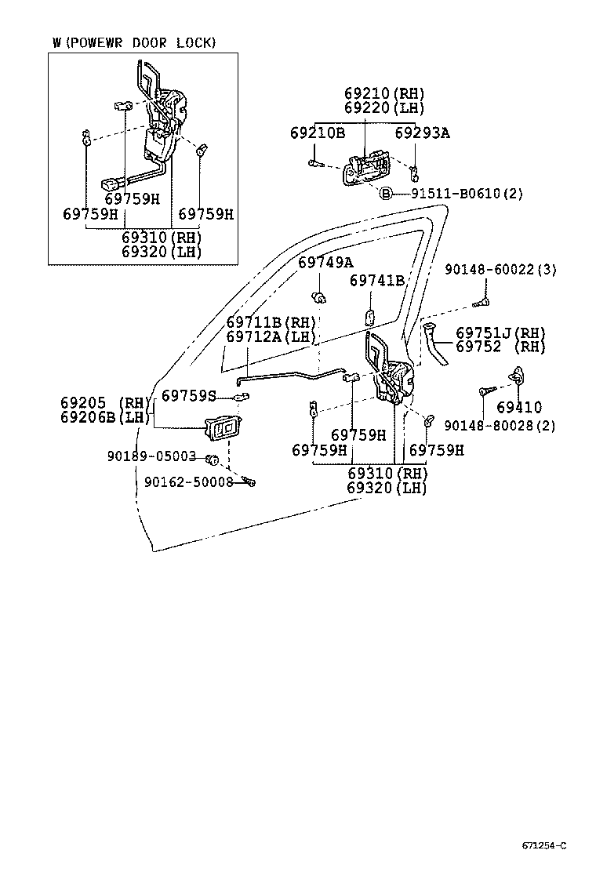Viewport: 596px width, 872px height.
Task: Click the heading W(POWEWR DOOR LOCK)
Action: pyautogui.click(x=133, y=42)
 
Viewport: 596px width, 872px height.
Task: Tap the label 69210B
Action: pyautogui.click(x=317, y=133)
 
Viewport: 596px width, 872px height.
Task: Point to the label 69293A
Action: pyautogui.click(x=422, y=133)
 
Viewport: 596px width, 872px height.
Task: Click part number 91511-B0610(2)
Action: pyautogui.click(x=467, y=193)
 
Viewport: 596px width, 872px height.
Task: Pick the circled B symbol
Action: pyautogui.click(x=386, y=193)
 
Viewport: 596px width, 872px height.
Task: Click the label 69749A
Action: pyautogui.click(x=325, y=262)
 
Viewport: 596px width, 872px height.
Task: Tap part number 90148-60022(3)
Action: pyautogui.click(x=500, y=269)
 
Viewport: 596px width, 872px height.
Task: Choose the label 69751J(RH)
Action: pyautogui.click(x=500, y=332)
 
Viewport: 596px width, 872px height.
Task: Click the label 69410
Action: pyautogui.click(x=518, y=407)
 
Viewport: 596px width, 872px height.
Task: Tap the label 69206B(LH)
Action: pyautogui.click(x=104, y=417)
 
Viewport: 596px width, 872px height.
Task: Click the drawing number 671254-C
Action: pyautogui.click(x=543, y=845)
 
